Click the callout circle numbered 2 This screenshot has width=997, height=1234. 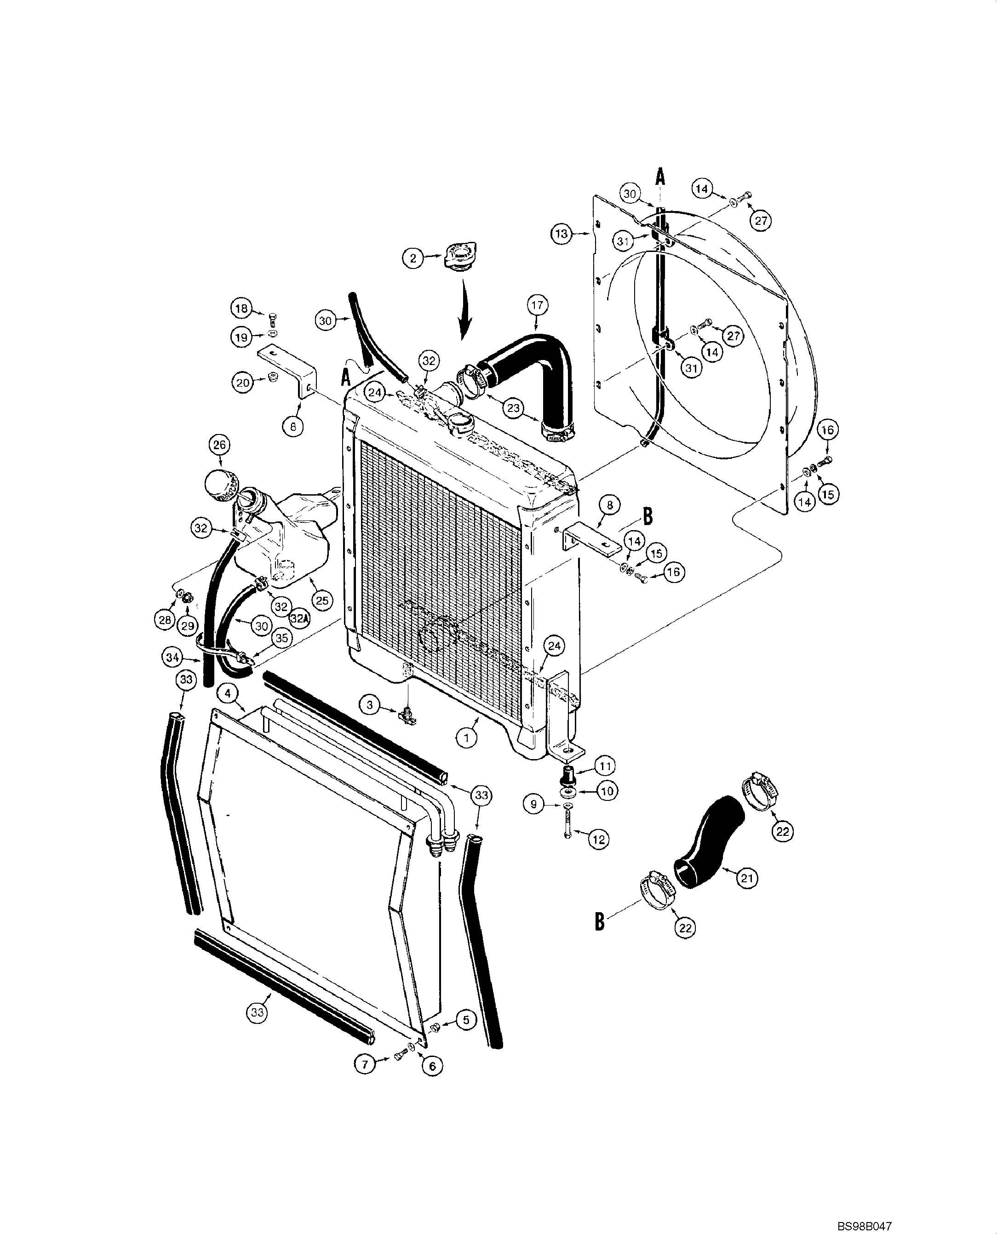coord(413,258)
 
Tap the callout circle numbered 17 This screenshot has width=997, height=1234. coord(537,305)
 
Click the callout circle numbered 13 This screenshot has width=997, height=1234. coord(562,234)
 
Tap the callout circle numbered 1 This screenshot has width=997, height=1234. coord(467,738)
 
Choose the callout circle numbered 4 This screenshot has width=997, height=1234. coord(228,694)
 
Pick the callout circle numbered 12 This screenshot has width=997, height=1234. coord(598,839)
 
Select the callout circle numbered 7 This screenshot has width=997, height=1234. coord(365,1063)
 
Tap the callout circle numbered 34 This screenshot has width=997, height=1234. coord(173,657)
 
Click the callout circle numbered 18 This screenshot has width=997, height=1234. coord(241,308)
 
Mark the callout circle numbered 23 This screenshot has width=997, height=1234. coord(513,408)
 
